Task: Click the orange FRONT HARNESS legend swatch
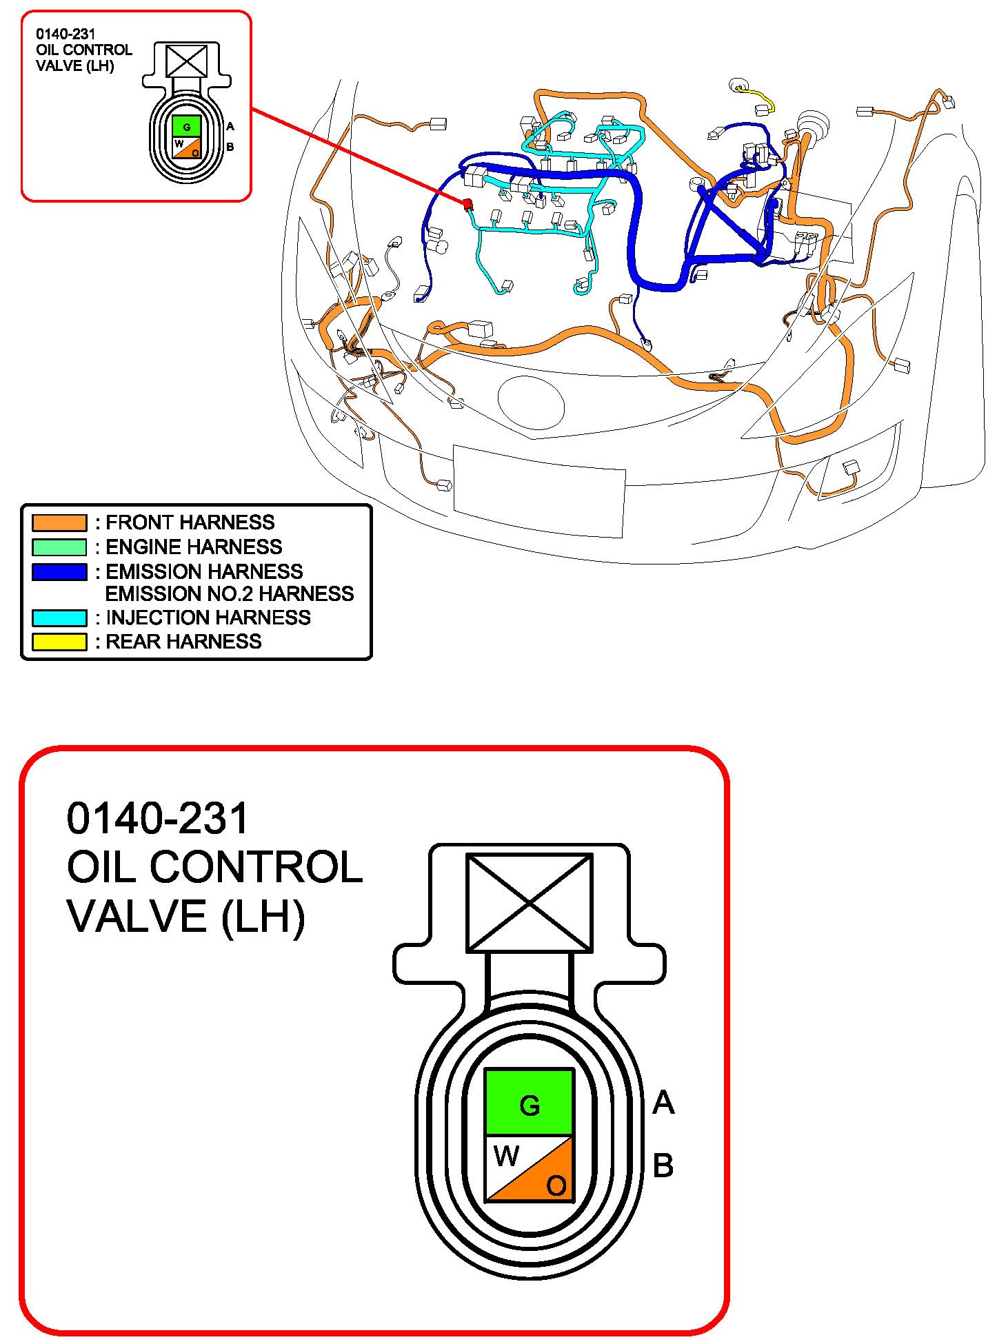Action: [59, 522]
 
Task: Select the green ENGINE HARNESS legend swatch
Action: [59, 547]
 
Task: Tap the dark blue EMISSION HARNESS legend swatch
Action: [59, 572]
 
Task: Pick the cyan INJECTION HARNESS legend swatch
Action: [59, 618]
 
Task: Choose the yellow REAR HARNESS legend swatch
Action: [59, 642]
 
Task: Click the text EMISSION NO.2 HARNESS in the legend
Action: [229, 594]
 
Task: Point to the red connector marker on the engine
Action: [467, 204]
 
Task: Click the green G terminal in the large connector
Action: [529, 1105]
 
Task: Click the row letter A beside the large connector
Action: [663, 1103]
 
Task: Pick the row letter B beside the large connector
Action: [663, 1166]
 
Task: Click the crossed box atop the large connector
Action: [529, 902]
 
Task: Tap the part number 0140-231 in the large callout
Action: [157, 818]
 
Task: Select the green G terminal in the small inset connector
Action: [186, 127]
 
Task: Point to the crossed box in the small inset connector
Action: [186, 61]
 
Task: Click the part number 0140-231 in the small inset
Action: [66, 34]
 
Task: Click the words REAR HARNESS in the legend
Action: [183, 642]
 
